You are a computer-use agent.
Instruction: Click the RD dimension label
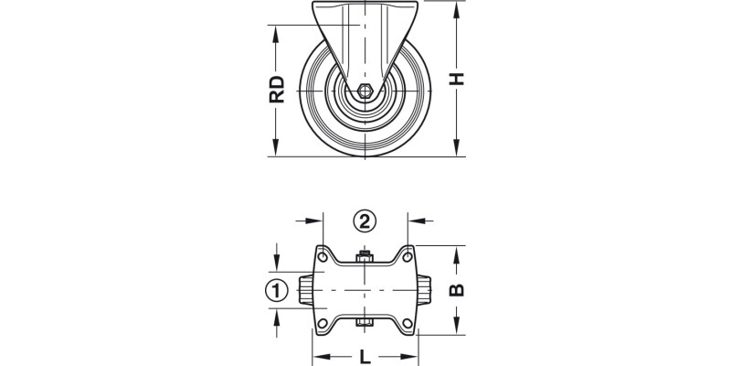click(278, 90)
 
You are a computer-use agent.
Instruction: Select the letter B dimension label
click(458, 290)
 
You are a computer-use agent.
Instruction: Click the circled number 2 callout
click(365, 221)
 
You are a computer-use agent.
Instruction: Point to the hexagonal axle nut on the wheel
click(364, 91)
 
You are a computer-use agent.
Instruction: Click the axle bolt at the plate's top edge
click(364, 257)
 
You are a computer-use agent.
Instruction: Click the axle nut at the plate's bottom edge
click(364, 323)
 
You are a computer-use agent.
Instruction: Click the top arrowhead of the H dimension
click(456, 7)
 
